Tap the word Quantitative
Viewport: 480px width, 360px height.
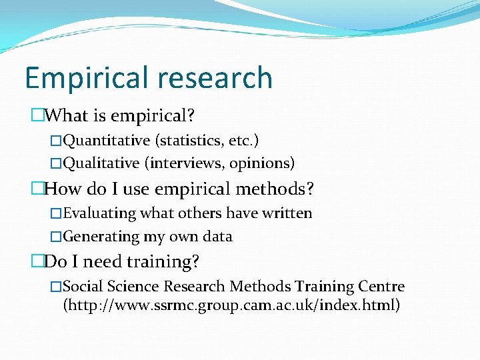tap(107, 141)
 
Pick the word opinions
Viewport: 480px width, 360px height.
tap(261, 163)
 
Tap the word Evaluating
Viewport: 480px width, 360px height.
tap(100, 213)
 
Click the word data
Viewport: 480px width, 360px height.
tap(217, 236)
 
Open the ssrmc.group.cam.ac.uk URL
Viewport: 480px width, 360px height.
tap(231, 306)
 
